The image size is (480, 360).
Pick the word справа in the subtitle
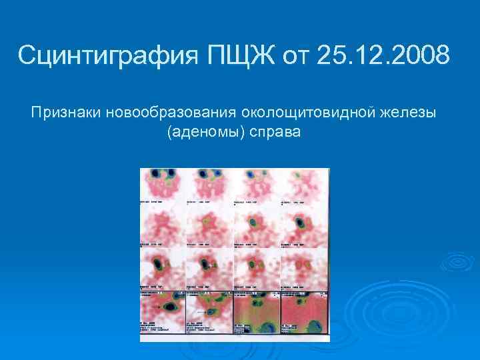275,132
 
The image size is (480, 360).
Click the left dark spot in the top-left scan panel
155,175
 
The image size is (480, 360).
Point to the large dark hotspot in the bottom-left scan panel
171,306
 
